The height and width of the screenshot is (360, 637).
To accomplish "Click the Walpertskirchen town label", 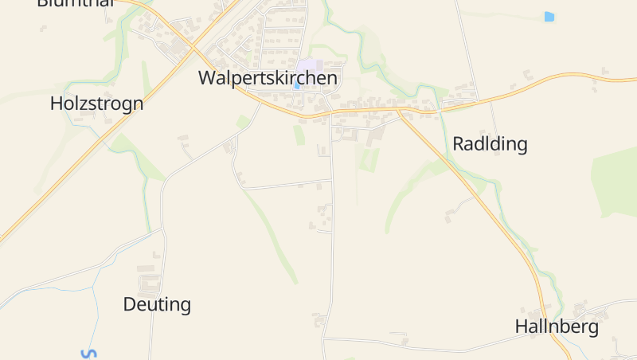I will pos(268,78).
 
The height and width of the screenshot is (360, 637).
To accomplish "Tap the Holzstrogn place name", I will pos(96,104).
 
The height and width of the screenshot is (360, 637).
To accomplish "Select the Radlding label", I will pos(490,144).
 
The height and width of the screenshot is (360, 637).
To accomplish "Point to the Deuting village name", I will pos(157,304).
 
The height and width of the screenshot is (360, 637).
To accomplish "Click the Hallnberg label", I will pos(557,327).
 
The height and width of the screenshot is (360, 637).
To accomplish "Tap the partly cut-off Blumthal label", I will pos(76,2).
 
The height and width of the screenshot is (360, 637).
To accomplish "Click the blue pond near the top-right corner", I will pos(549,16).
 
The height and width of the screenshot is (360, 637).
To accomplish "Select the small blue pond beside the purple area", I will pos(297,86).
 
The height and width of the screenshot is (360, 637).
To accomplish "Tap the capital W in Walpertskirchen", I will pos(207,78).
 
